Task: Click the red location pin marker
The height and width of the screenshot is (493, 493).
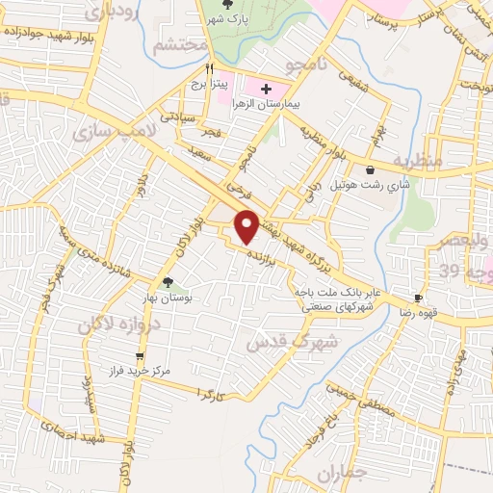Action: point(247,225)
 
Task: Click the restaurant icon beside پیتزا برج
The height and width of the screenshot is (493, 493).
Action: point(209,69)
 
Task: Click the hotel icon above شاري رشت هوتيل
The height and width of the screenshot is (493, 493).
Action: point(370,169)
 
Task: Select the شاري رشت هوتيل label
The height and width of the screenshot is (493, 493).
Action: point(371,183)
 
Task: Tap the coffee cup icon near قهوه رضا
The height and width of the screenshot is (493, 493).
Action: point(418,298)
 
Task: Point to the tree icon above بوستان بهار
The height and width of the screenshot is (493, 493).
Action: point(169,282)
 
